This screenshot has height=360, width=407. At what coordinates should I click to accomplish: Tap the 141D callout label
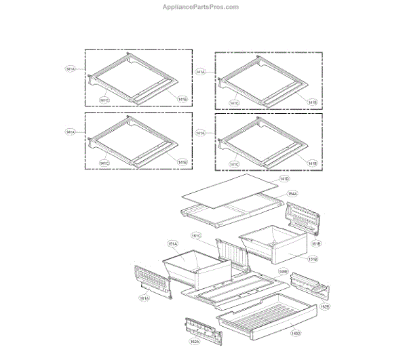point(284,178)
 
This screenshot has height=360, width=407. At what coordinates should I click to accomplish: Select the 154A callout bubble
point(292,193)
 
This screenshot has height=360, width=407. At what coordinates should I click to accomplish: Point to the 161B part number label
point(315,242)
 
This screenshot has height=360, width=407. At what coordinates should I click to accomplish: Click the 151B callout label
point(313,259)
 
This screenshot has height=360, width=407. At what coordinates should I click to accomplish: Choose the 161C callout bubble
point(196,236)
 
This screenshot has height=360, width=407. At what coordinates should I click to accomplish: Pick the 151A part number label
point(172,243)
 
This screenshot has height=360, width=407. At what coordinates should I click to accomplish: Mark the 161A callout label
point(144,298)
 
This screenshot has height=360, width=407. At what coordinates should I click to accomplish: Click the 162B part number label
point(325,306)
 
